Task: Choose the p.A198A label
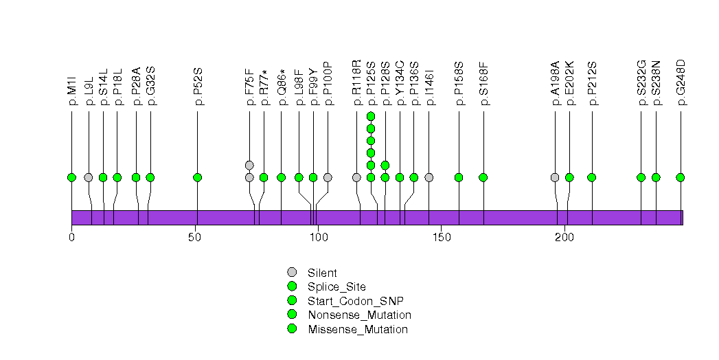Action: (556, 85)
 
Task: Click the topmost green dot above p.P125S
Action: (371, 116)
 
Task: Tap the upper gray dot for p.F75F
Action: (249, 165)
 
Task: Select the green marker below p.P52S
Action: (198, 177)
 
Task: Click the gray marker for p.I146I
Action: (429, 177)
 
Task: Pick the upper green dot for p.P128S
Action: (385, 165)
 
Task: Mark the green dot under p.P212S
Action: (592, 177)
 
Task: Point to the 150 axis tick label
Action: (441, 237)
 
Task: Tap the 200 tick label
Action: (564, 237)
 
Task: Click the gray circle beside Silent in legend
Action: (292, 273)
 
